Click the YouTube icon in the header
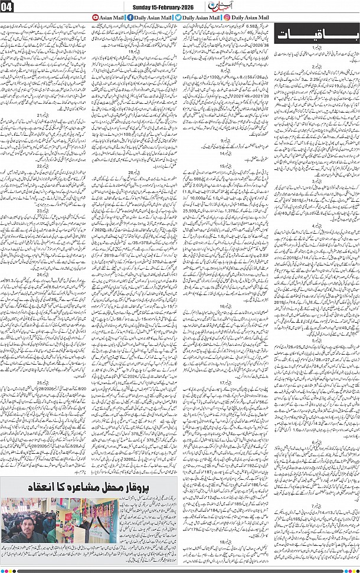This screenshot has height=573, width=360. click(x=97, y=18)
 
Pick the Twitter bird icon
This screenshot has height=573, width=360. click(x=178, y=18)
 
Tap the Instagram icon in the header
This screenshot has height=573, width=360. click(x=227, y=18)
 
